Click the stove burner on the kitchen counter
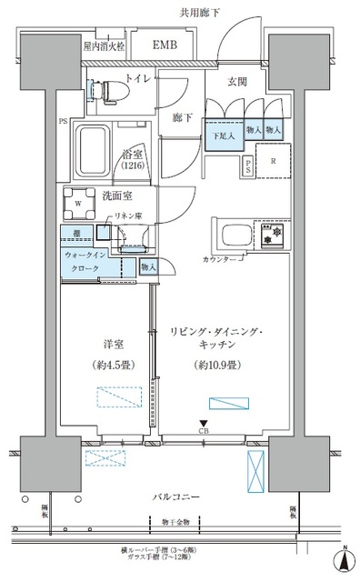click(x=269, y=234)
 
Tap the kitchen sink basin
click(x=228, y=236)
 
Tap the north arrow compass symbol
click(x=346, y=562)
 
